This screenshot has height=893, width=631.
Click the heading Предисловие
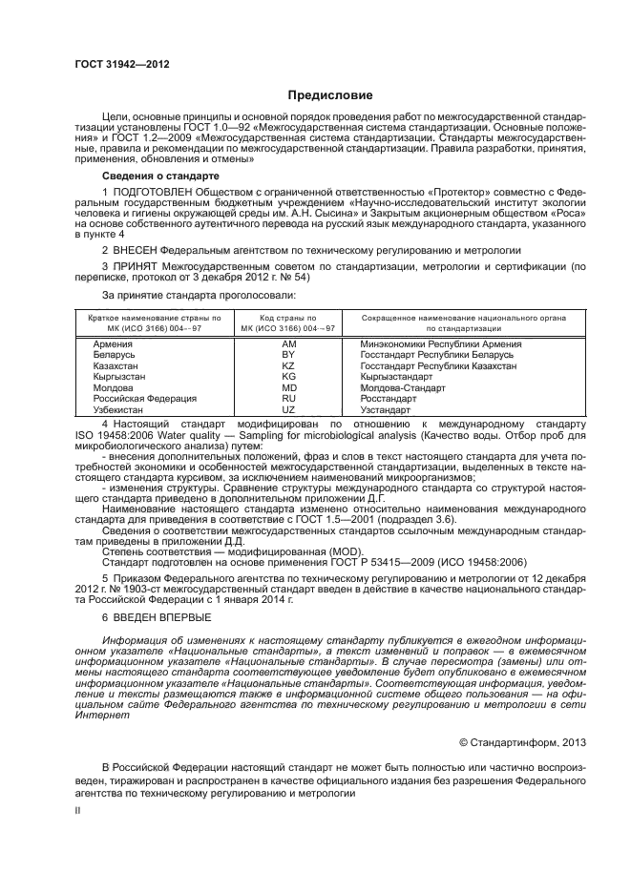coord(329,95)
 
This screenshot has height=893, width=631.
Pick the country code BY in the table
coord(288,355)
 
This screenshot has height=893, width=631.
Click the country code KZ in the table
coord(288,366)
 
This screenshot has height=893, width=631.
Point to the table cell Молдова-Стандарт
coord(402,388)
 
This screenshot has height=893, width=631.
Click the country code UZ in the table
coord(288,410)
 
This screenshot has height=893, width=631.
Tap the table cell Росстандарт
coord(389,399)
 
